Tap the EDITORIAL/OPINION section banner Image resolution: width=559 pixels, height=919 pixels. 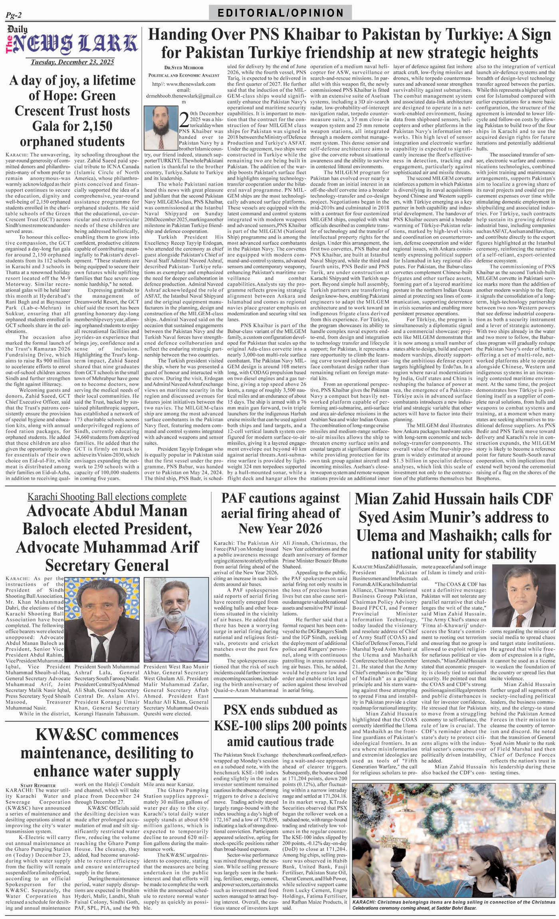[x=280, y=13]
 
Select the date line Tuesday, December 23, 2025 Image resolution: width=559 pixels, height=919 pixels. [x=72, y=62]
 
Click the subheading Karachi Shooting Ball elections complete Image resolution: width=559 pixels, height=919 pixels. [x=107, y=496]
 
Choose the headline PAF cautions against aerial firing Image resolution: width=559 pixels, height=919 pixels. [x=280, y=513]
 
